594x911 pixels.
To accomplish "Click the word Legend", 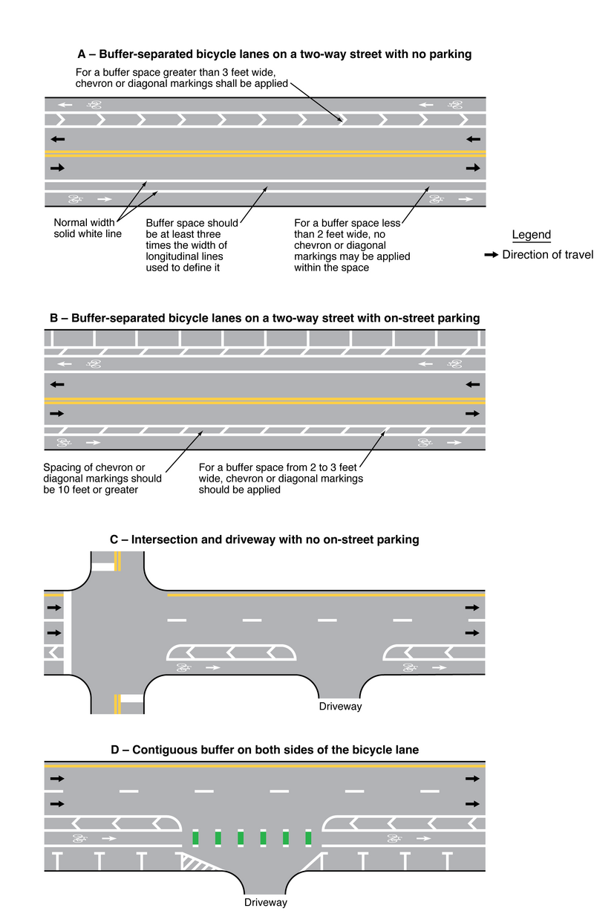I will point(531,235).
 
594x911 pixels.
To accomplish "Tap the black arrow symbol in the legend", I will point(491,255).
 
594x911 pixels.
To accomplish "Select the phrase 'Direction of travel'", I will point(547,255).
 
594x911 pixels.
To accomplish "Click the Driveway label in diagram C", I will point(340,706).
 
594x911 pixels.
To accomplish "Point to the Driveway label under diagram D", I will point(266,903).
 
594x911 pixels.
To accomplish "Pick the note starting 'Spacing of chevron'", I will point(102,478).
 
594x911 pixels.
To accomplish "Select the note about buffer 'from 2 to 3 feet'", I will point(281,478).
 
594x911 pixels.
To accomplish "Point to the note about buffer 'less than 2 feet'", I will point(352,244).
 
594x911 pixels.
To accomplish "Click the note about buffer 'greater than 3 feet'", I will point(182,78).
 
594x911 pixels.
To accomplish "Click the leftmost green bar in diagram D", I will point(196,838).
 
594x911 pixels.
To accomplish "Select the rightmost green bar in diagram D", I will point(308,838).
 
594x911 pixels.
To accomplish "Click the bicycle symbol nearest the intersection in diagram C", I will point(183,668).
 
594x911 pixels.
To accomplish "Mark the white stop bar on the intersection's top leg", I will point(102,567).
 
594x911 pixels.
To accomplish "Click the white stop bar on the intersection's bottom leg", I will point(131,698).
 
